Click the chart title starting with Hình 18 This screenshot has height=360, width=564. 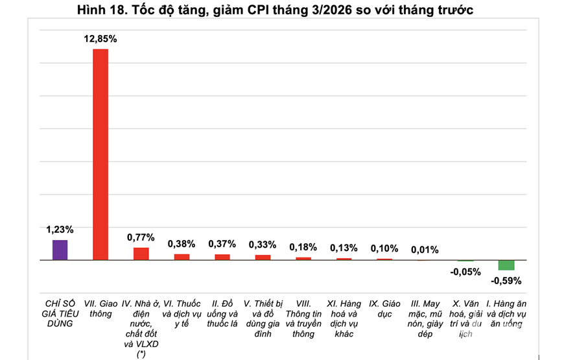point(275,10)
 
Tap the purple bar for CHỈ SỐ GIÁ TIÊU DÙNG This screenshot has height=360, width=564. point(60,250)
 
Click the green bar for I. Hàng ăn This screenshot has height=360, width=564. point(506,265)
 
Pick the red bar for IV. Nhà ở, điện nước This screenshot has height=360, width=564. point(141,254)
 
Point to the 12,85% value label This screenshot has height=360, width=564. point(100,39)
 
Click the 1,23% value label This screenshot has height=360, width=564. point(60,230)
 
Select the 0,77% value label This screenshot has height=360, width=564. point(141,237)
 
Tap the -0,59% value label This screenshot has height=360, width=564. point(506,281)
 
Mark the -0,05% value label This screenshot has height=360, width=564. point(465,272)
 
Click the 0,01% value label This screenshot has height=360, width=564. point(425,250)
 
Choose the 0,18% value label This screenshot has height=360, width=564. point(303,247)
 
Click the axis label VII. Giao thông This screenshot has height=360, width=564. point(100,309)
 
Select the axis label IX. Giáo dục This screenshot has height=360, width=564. point(384,309)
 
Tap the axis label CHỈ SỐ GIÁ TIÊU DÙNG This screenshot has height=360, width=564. point(60,313)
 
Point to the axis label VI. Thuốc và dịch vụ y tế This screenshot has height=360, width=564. point(182,309)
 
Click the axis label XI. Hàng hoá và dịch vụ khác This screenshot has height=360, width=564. point(344,318)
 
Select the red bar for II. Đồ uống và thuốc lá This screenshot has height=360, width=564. point(222,257)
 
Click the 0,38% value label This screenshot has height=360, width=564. point(182,244)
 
